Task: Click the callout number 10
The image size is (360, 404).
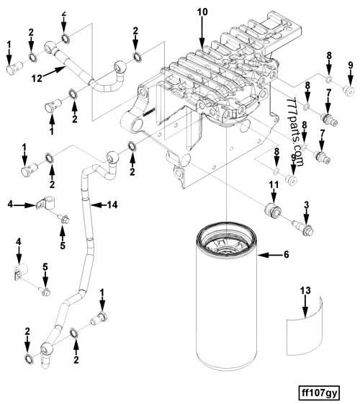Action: [202, 13]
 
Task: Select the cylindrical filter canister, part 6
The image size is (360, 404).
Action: [225, 302]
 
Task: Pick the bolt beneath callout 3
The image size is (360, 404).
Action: [305, 228]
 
